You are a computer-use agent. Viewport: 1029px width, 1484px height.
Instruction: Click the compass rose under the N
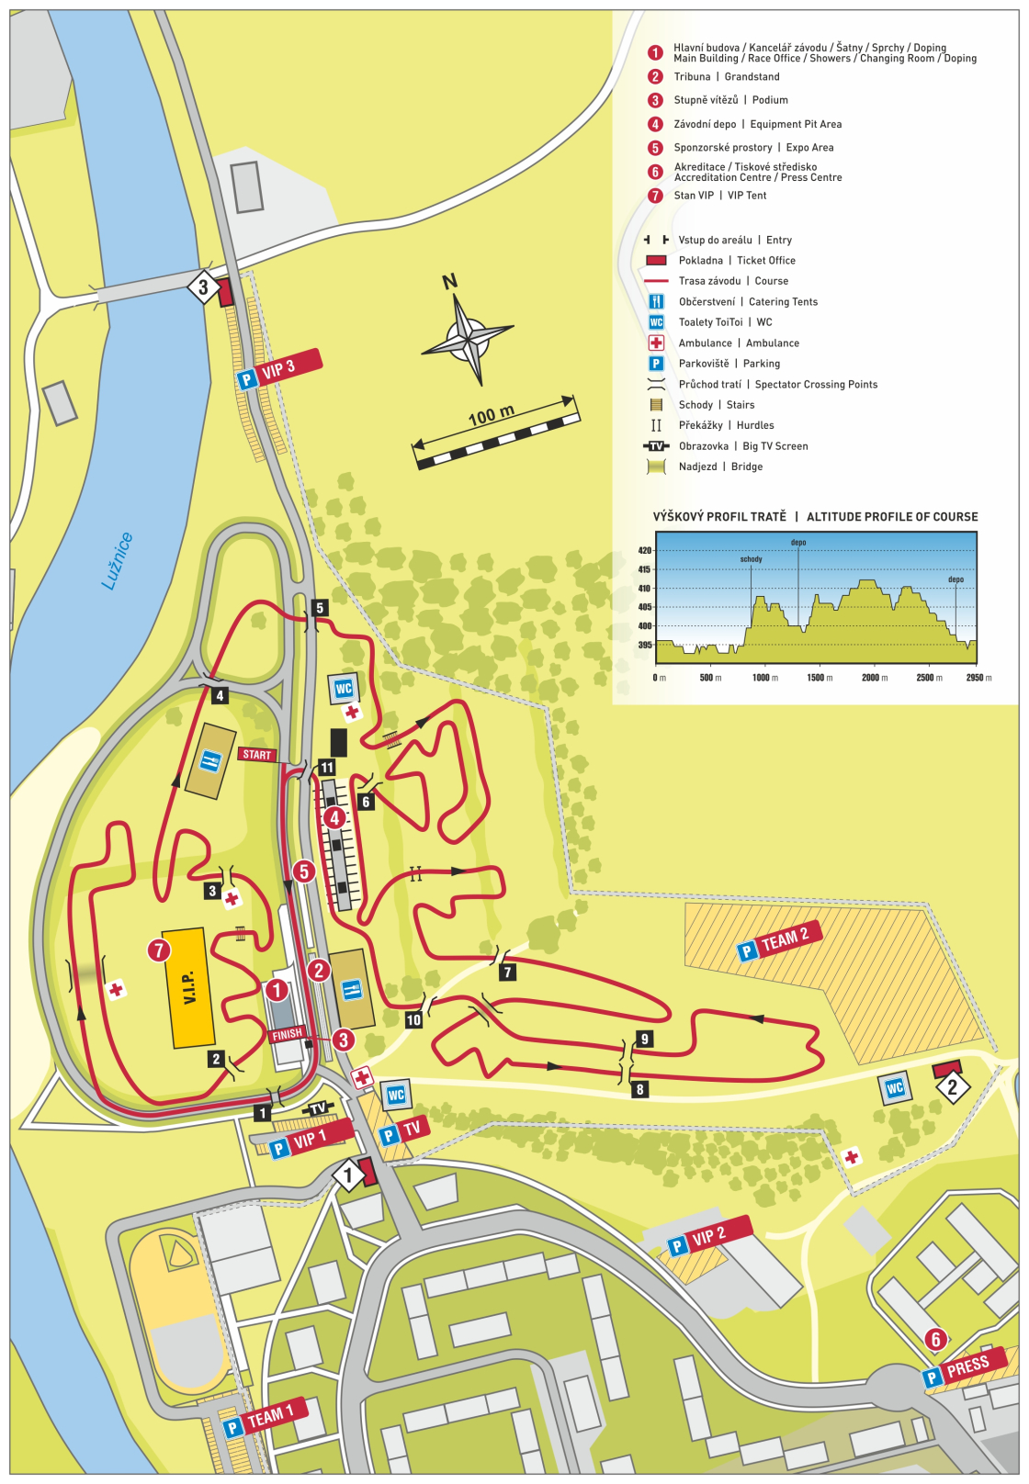(x=468, y=339)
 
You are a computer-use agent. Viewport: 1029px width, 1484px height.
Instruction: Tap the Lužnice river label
(x=117, y=561)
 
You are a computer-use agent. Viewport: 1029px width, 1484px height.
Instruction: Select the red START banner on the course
(x=257, y=755)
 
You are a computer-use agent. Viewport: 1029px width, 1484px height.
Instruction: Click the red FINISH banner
(x=287, y=1034)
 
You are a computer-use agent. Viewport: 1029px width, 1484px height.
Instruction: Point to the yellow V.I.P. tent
(x=189, y=987)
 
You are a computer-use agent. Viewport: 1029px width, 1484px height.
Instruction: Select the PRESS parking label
(x=964, y=1368)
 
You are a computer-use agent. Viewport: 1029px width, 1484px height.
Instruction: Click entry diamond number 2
(x=953, y=1088)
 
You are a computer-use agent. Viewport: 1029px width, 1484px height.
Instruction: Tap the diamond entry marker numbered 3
(x=204, y=287)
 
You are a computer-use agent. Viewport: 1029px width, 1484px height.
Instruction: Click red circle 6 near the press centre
(x=935, y=1339)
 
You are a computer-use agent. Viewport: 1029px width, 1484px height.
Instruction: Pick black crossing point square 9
(x=645, y=1039)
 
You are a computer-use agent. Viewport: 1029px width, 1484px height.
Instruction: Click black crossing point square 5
(x=320, y=608)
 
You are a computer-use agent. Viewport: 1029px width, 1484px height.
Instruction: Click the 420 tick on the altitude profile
(x=645, y=551)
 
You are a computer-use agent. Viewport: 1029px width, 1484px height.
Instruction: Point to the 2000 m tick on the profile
(x=875, y=678)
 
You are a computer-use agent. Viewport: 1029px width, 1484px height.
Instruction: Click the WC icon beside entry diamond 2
(x=894, y=1088)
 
